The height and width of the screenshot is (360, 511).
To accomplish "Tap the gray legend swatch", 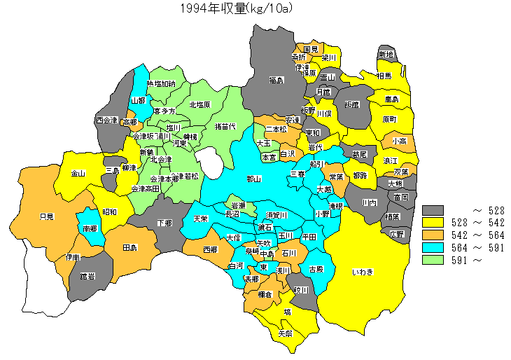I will [433, 210].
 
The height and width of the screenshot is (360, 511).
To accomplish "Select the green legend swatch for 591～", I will [433, 261].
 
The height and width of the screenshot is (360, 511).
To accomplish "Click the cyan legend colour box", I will [433, 248].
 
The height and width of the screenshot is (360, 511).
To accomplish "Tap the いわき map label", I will [363, 272].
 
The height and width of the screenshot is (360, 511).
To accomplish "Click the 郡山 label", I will [254, 179].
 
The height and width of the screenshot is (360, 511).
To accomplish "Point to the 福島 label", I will [276, 81].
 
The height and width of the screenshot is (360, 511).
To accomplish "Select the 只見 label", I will [47, 216].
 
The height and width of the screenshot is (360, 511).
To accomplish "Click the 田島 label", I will [129, 248].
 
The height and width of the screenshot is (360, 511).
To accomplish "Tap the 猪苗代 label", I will [225, 126].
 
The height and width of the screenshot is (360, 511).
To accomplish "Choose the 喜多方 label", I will [164, 111].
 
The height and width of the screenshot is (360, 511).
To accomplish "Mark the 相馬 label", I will [384, 75].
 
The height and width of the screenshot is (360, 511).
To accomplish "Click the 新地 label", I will [386, 55].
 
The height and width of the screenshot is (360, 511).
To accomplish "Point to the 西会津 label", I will [107, 120].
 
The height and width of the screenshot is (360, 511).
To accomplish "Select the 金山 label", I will [78, 173].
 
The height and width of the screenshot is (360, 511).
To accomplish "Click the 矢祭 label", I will [286, 333].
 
